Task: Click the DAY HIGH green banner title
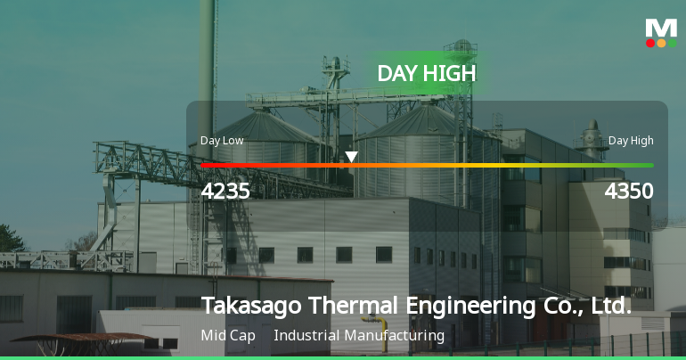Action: click(427, 73)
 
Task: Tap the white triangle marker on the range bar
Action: click(352, 158)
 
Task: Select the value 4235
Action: click(225, 192)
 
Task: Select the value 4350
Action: click(629, 192)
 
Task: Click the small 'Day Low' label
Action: click(222, 140)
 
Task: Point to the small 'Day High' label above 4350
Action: click(631, 140)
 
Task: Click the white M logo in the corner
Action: click(661, 27)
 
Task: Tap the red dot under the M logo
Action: click(650, 43)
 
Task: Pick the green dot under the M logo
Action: click(672, 43)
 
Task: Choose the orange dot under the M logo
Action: click(661, 43)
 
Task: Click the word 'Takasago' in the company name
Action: click(251, 306)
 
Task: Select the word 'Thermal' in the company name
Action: click(353, 306)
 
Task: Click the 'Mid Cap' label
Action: click(228, 336)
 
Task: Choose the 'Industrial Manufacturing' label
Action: click(359, 336)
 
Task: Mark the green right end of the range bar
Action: click(649, 165)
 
